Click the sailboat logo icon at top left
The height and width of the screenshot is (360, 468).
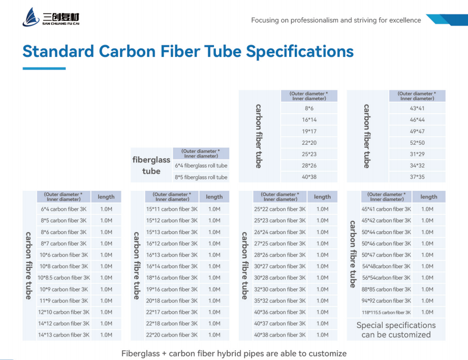(30, 17)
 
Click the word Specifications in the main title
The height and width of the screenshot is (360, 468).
(300, 52)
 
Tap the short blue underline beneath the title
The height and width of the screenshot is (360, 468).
(44, 69)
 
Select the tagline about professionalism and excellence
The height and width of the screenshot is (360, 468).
(336, 20)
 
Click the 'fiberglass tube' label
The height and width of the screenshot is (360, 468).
(151, 165)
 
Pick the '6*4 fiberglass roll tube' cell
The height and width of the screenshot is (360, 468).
(201, 166)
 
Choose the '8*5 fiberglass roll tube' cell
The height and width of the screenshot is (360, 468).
(201, 177)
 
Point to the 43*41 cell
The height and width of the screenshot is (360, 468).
(417, 108)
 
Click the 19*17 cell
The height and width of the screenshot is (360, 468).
(309, 131)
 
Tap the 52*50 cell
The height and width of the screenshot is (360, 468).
(417, 143)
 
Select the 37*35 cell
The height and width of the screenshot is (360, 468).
(417, 177)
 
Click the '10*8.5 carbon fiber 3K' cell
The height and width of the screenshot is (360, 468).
(64, 278)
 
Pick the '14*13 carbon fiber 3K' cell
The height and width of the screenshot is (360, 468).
(64, 335)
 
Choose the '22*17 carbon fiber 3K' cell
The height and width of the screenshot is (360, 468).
(172, 312)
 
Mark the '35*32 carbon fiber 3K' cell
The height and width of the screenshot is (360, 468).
(279, 301)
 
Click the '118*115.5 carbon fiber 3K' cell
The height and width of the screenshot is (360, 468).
(386, 313)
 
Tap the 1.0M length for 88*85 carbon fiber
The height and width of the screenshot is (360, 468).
(427, 289)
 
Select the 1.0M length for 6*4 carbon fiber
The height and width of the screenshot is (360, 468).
(106, 209)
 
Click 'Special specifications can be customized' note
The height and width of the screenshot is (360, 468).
(396, 330)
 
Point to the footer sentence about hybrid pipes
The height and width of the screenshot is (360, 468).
(234, 353)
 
